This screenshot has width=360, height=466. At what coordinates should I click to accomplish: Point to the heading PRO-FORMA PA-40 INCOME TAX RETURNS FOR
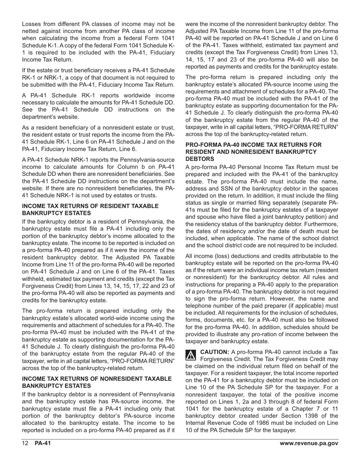coord(253,145)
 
